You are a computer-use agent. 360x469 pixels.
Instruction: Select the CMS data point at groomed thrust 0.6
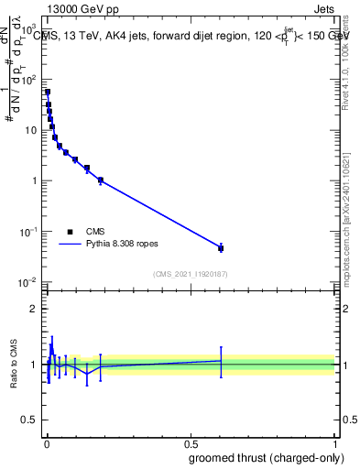(221, 248)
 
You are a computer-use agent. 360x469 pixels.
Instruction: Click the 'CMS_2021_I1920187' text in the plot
(191, 274)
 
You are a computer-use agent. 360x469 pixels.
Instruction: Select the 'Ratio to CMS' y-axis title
(16, 364)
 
